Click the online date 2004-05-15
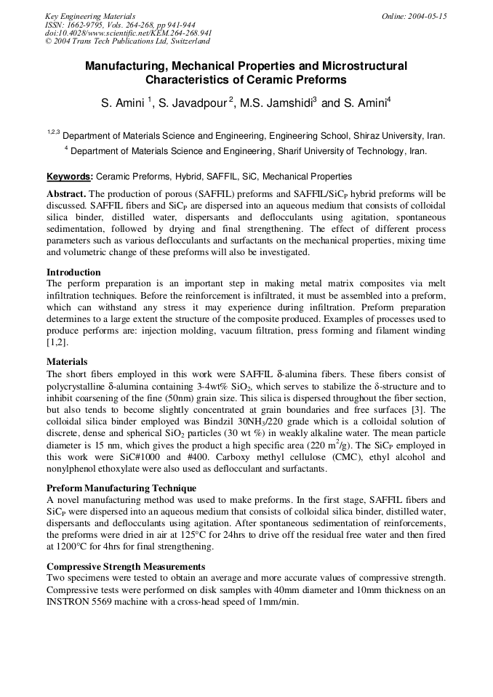point(414,16)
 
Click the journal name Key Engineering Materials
point(90,16)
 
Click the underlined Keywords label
point(69,177)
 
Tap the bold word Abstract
point(66,194)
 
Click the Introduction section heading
point(73,273)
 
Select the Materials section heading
point(67,361)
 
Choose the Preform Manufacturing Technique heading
point(121,488)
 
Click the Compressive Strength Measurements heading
point(126,566)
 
